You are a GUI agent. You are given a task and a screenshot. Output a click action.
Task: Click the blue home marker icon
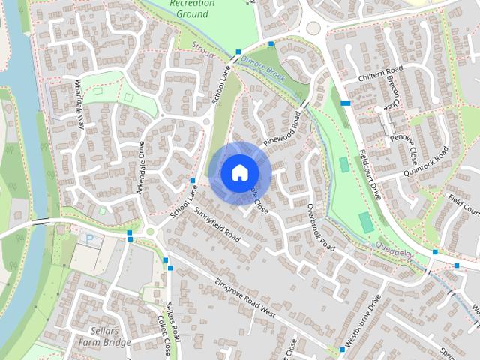pos(238,172)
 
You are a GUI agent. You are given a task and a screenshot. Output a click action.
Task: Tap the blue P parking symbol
pos(91,239)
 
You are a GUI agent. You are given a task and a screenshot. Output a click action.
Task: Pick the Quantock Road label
pos(425,161)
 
